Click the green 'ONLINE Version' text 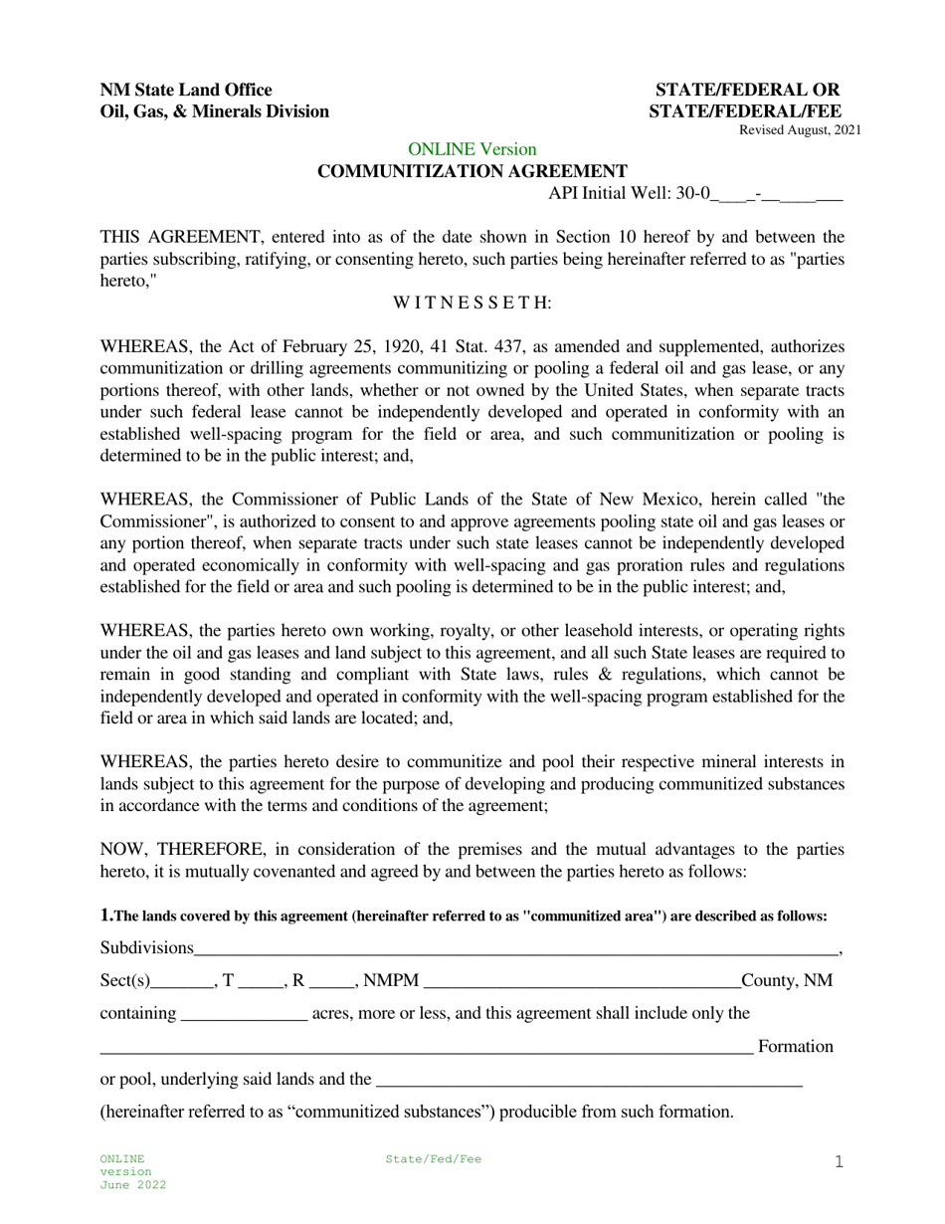(x=472, y=149)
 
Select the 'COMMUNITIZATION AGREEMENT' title (x=472, y=171)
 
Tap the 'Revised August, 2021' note (x=799, y=130)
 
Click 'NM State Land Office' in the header (x=186, y=90)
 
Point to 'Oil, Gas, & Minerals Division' (x=214, y=111)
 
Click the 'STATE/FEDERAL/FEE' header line (x=745, y=111)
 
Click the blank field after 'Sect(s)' (x=182, y=982)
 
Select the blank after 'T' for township (x=261, y=982)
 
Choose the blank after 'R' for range (x=330, y=982)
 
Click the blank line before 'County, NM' (x=582, y=982)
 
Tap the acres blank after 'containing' (x=245, y=1015)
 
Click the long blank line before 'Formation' (x=426, y=1048)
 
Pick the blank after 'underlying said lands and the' (x=589, y=1081)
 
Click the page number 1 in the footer (x=838, y=1161)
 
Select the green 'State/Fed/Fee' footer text (x=433, y=1159)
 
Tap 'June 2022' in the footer (x=132, y=1185)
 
